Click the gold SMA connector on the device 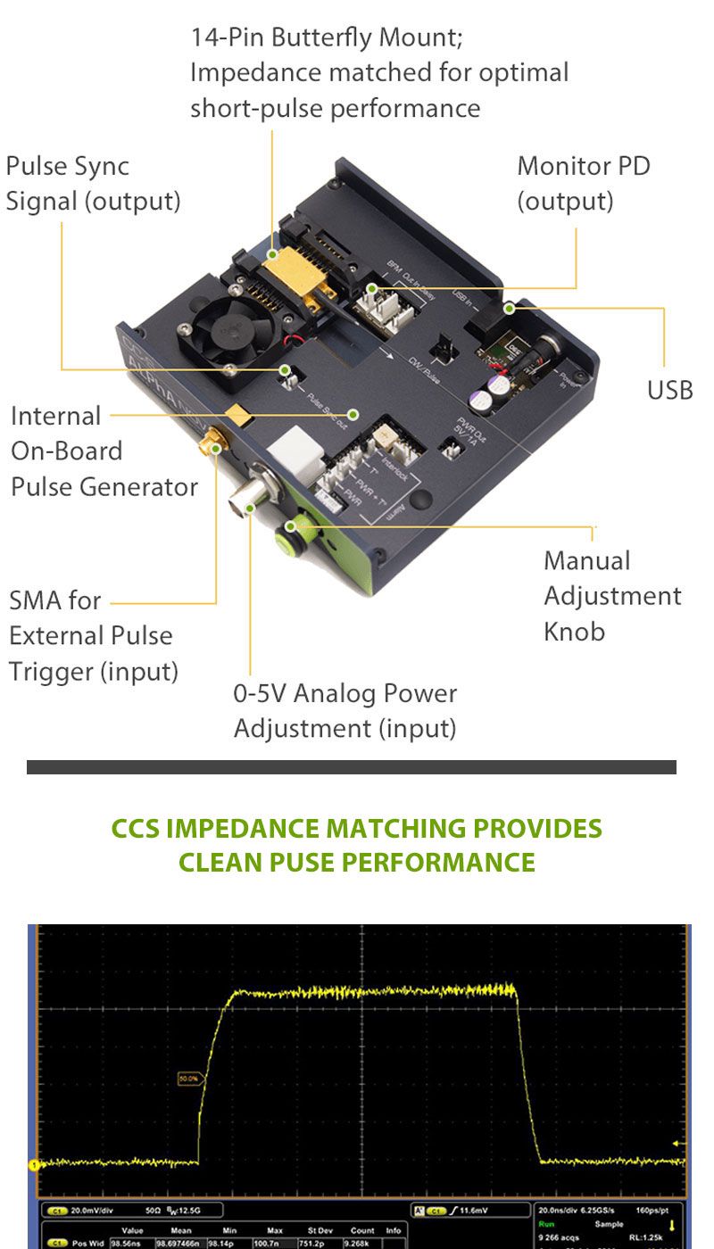tap(214, 442)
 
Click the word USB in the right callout tap(669, 390)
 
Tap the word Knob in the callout tap(574, 632)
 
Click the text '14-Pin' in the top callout tap(227, 37)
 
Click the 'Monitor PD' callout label tap(583, 166)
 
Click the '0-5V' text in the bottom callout tap(259, 693)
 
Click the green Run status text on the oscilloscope tap(545, 1225)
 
